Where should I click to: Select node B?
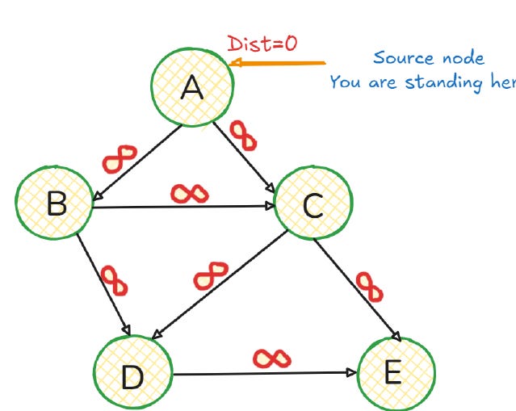[x=55, y=203]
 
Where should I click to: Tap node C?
[x=313, y=206]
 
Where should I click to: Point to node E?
[x=395, y=373]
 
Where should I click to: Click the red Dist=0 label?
[x=260, y=44]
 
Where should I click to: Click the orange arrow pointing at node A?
[x=279, y=63]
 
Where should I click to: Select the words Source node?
[x=428, y=58]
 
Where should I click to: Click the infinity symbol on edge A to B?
[x=120, y=157]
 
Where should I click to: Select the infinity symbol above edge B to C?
[x=191, y=193]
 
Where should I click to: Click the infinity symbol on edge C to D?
[x=211, y=275]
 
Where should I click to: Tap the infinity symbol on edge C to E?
[x=369, y=286]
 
